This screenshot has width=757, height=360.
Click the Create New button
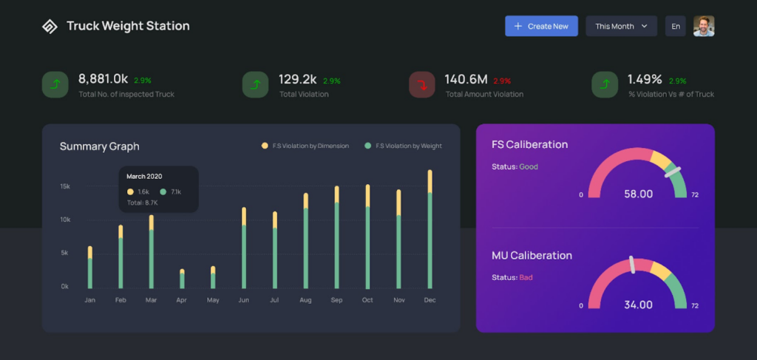click(x=541, y=26)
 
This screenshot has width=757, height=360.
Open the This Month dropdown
click(x=621, y=26)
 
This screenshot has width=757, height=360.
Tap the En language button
click(x=676, y=26)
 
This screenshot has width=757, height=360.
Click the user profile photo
click(x=704, y=26)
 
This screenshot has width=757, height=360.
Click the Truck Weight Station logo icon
click(x=50, y=26)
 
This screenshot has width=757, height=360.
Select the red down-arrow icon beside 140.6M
click(x=422, y=84)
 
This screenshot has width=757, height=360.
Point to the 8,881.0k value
click(x=103, y=79)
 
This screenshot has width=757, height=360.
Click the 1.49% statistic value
click(x=645, y=79)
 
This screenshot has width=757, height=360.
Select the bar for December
click(x=430, y=229)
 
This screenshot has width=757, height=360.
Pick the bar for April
click(x=182, y=279)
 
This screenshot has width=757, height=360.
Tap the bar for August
click(x=305, y=241)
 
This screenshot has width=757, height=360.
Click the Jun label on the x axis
click(x=244, y=300)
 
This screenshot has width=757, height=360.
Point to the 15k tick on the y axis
click(x=65, y=186)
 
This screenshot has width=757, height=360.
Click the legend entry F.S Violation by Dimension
click(x=305, y=146)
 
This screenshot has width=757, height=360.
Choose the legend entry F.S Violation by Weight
click(x=403, y=146)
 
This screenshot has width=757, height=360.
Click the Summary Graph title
click(x=100, y=146)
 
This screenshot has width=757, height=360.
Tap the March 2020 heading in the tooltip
click(x=144, y=177)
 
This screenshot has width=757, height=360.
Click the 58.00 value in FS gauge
click(x=638, y=194)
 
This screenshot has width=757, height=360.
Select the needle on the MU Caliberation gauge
click(x=631, y=265)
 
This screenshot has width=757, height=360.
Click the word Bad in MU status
click(x=526, y=277)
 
